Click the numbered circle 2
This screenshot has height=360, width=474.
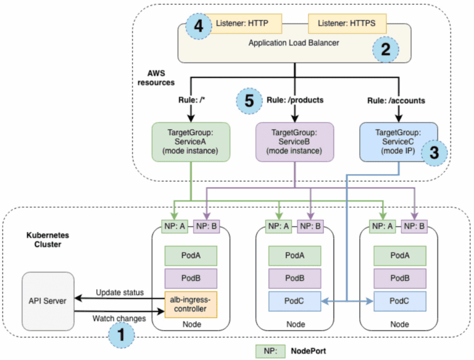(385, 50)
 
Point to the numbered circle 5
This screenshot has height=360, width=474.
(249, 101)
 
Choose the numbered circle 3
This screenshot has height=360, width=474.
(434, 152)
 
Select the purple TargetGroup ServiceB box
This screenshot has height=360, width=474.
(294, 141)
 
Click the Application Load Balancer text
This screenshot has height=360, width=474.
(288, 43)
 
